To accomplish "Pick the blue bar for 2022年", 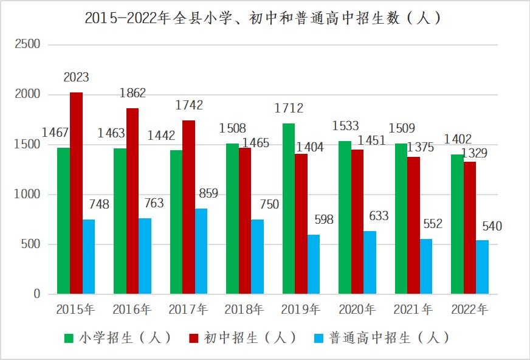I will click(482, 267).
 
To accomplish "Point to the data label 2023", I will click(76, 77).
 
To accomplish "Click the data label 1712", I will click(289, 108).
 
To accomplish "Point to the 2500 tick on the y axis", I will click(27, 44).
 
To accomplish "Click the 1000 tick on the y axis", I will click(27, 195).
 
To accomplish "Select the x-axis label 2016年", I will click(131, 310).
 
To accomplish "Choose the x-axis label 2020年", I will click(357, 310).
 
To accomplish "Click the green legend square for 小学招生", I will click(69, 337).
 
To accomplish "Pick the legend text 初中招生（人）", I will click(250, 337).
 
